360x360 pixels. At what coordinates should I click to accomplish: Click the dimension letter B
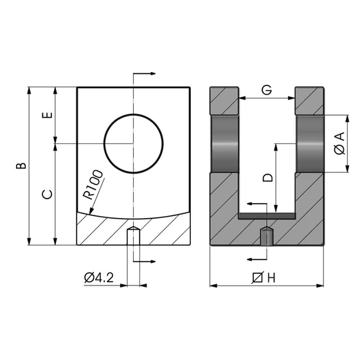(22, 165)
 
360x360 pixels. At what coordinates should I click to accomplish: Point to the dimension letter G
(266, 90)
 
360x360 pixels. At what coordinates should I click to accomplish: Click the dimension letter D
(268, 177)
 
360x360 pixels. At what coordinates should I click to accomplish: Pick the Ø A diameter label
(340, 143)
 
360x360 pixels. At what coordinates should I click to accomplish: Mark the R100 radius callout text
(93, 186)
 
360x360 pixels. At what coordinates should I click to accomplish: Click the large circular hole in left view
(133, 142)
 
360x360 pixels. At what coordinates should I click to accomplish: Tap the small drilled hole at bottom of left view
(133, 236)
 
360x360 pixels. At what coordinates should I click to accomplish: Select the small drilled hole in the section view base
(266, 236)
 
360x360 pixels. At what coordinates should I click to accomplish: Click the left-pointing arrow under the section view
(256, 259)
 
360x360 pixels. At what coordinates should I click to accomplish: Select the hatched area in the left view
(103, 229)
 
